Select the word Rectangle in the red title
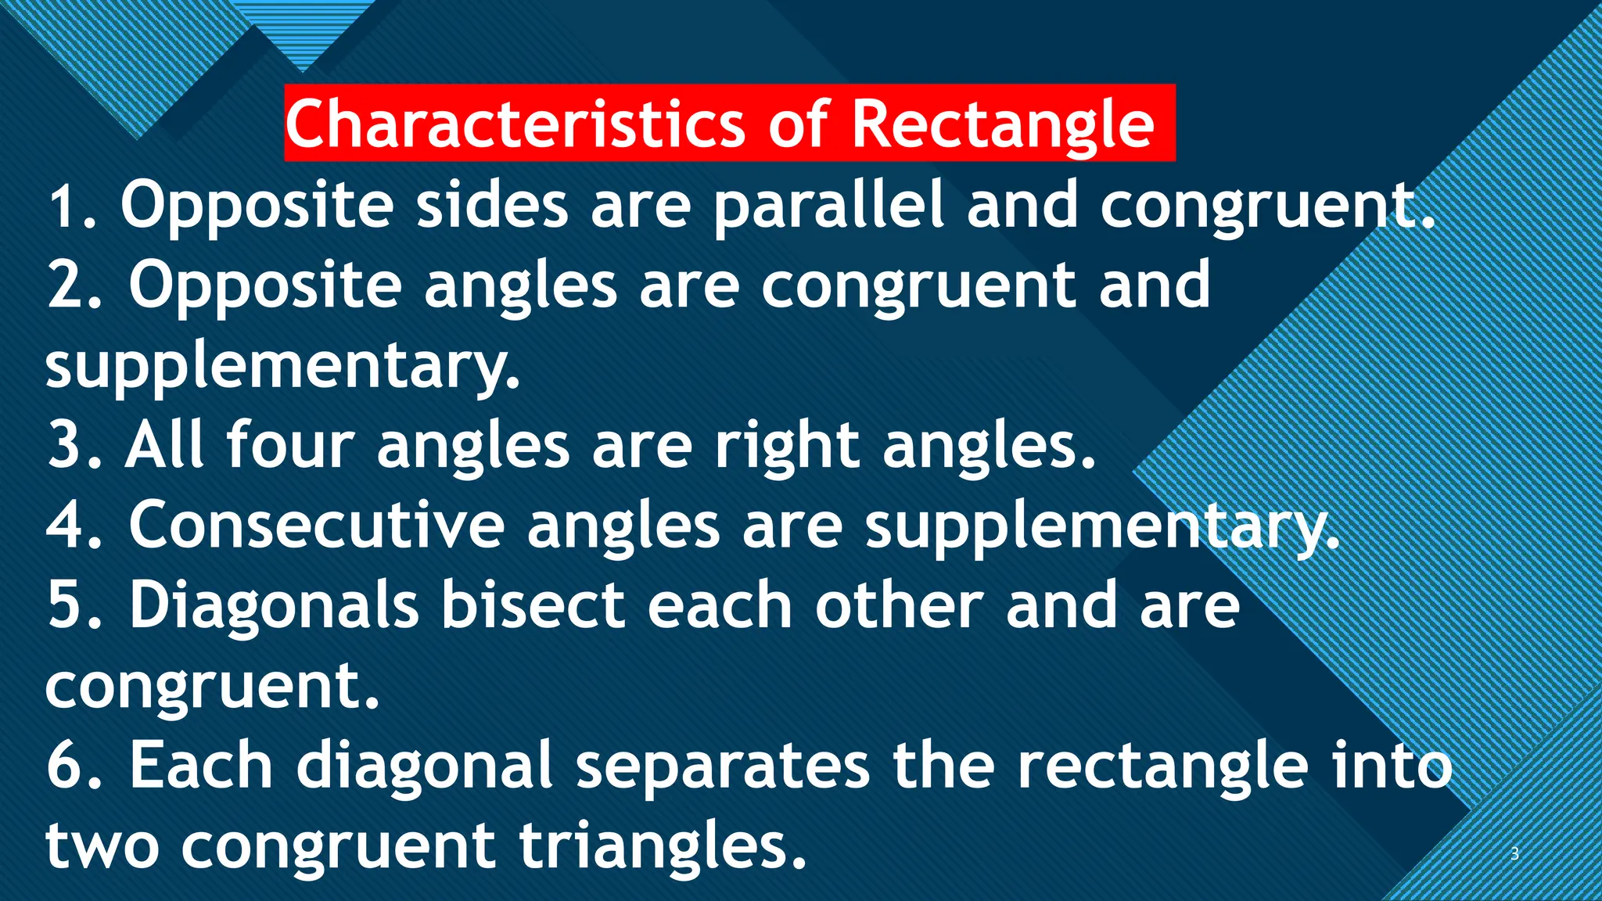1003,124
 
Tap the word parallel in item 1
829,205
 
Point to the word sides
492,205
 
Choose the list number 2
69,285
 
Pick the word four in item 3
290,445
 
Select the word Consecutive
317,525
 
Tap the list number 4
69,525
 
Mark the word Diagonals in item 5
274,606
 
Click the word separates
723,766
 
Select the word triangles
662,846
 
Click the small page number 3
1514,854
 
